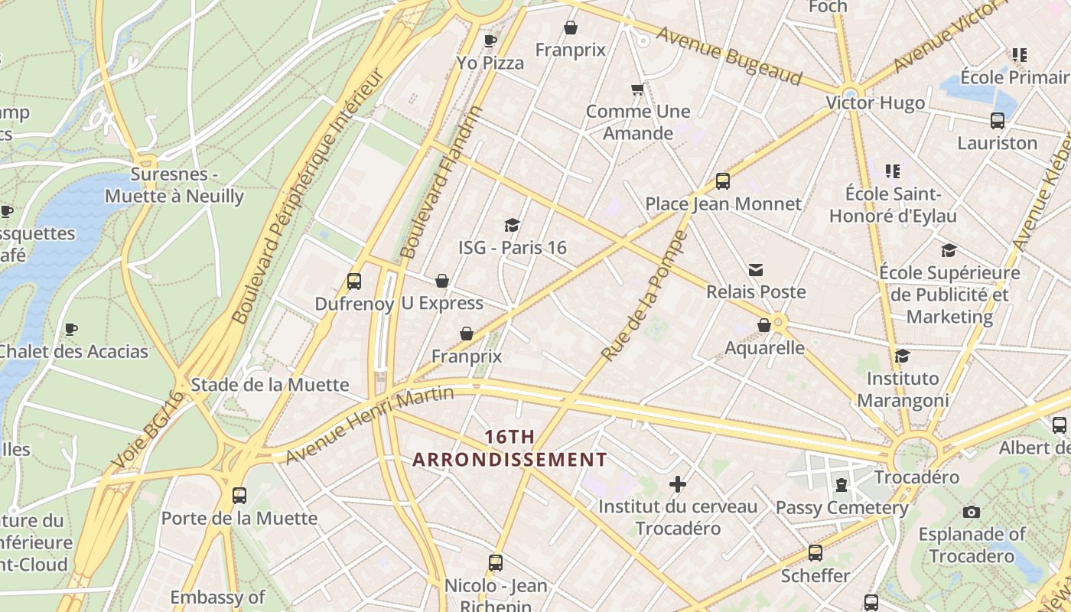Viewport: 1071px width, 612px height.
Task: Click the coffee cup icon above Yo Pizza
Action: pyautogui.click(x=490, y=40)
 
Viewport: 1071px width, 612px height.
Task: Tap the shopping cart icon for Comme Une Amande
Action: pyautogui.click(x=637, y=90)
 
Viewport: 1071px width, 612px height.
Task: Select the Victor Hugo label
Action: pyautogui.click(x=875, y=103)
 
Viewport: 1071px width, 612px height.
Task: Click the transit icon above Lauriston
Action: pyautogui.click(x=998, y=120)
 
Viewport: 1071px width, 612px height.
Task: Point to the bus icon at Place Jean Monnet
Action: pyautogui.click(x=723, y=181)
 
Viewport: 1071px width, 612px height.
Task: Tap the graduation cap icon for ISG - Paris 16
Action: pyautogui.click(x=512, y=225)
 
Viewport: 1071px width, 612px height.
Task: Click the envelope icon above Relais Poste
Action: pyautogui.click(x=756, y=269)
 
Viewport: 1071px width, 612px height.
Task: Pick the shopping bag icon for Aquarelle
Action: pyautogui.click(x=763, y=325)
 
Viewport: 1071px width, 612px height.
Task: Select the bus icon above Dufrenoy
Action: pyautogui.click(x=353, y=281)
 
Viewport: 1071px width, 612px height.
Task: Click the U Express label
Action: pyautogui.click(x=442, y=303)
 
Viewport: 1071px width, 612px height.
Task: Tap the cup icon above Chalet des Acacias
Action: pyautogui.click(x=71, y=329)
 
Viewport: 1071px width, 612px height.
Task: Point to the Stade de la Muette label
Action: pyautogui.click(x=269, y=384)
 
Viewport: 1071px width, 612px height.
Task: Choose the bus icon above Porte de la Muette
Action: pyautogui.click(x=239, y=495)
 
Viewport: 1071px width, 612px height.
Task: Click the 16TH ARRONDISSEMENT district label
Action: pyautogui.click(x=509, y=448)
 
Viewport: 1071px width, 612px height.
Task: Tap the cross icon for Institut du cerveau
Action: pyautogui.click(x=677, y=484)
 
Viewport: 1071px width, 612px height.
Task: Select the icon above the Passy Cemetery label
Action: pyautogui.click(x=841, y=485)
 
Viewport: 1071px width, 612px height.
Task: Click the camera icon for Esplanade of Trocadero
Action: pyautogui.click(x=972, y=512)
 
